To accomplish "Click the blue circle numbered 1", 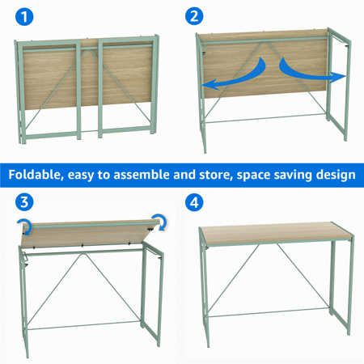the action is [24, 17].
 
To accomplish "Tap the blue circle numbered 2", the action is [194, 16].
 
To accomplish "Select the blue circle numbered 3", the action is [24, 202].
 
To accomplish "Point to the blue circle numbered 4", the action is [194, 202].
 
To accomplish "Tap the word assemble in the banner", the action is [142, 175].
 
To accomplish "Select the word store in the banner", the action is [216, 175].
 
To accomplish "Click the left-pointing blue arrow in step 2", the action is [234, 74].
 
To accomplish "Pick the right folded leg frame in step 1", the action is [127, 87].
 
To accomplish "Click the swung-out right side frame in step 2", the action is [339, 83].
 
